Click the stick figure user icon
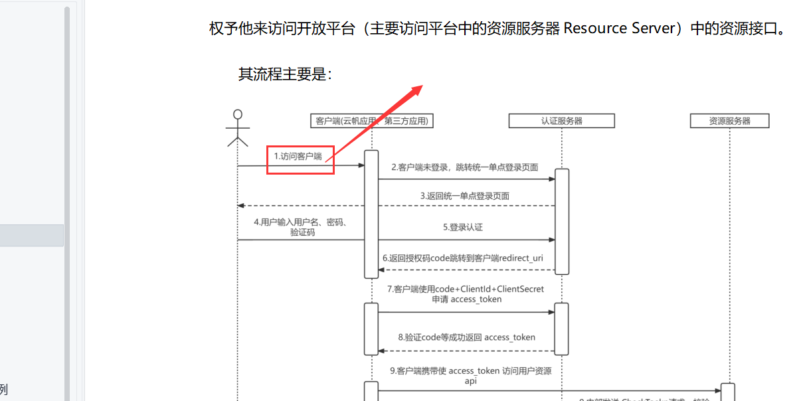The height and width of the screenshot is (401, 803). [237, 127]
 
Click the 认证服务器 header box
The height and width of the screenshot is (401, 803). [561, 121]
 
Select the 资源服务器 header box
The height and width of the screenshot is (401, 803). [729, 121]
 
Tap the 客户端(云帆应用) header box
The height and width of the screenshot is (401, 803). [373, 120]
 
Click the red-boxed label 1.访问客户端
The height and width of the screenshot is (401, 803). [300, 157]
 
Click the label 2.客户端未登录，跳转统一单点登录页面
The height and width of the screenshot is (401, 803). [464, 167]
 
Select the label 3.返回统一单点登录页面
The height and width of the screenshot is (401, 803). [464, 196]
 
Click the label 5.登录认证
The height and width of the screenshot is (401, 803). [463, 227]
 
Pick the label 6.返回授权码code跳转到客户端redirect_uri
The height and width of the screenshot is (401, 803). [462, 258]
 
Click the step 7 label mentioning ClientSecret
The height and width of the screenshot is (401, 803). [466, 294]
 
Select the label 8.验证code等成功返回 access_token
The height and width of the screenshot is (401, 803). [466, 337]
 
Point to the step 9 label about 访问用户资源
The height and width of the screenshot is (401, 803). [470, 375]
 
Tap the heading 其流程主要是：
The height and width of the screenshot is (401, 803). [285, 74]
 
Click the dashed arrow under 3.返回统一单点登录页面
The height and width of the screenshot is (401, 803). [399, 206]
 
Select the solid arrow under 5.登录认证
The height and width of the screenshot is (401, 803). [465, 240]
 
